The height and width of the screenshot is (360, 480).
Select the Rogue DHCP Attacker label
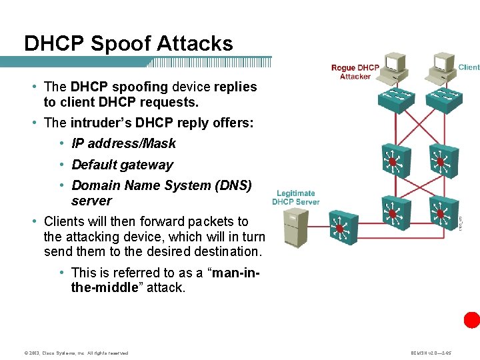[x=355, y=72]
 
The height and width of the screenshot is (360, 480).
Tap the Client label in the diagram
[x=469, y=67]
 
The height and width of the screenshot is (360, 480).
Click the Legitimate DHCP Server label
[x=295, y=197]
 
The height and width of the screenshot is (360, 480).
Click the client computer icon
[x=443, y=65]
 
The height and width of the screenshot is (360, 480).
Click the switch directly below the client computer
[x=443, y=99]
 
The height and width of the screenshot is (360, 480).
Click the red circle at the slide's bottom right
[x=472, y=320]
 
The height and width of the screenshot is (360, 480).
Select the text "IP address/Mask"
[x=123, y=143]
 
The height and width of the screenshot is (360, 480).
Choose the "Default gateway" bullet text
[x=122, y=165]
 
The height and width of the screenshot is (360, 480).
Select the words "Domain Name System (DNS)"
[x=161, y=185]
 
